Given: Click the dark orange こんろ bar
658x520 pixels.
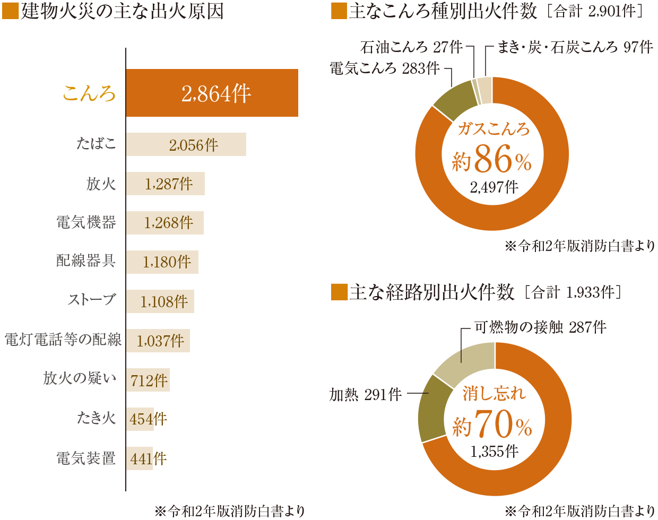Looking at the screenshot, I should pyautogui.click(x=212, y=93).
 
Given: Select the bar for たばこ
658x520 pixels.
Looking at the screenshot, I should pyautogui.click(x=186, y=144).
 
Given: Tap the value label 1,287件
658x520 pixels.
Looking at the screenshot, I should pyautogui.click(x=169, y=184).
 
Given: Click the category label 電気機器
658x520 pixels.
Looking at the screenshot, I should pyautogui.click(x=86, y=222).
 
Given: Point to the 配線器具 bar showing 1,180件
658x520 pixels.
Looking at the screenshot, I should pyautogui.click(x=162, y=262).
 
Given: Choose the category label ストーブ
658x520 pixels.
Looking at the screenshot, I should pyautogui.click(x=92, y=300).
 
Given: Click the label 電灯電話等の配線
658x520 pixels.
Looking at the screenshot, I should pyautogui.click(x=63, y=340).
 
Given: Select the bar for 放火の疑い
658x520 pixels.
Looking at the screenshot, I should pyautogui.click(x=148, y=380).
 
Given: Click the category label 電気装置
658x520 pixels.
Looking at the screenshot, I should pyautogui.click(x=86, y=458).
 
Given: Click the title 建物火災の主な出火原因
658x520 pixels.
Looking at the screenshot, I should pyautogui.click(x=123, y=11).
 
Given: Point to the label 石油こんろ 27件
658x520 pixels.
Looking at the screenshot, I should pyautogui.click(x=411, y=47).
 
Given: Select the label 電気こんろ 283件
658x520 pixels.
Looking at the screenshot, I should pyautogui.click(x=385, y=68).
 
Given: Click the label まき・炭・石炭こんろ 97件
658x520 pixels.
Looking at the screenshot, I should pyautogui.click(x=575, y=47).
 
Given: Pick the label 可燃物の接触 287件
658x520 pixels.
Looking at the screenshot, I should pyautogui.click(x=540, y=327).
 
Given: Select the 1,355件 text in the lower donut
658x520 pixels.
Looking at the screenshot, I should pyautogui.click(x=494, y=451).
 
